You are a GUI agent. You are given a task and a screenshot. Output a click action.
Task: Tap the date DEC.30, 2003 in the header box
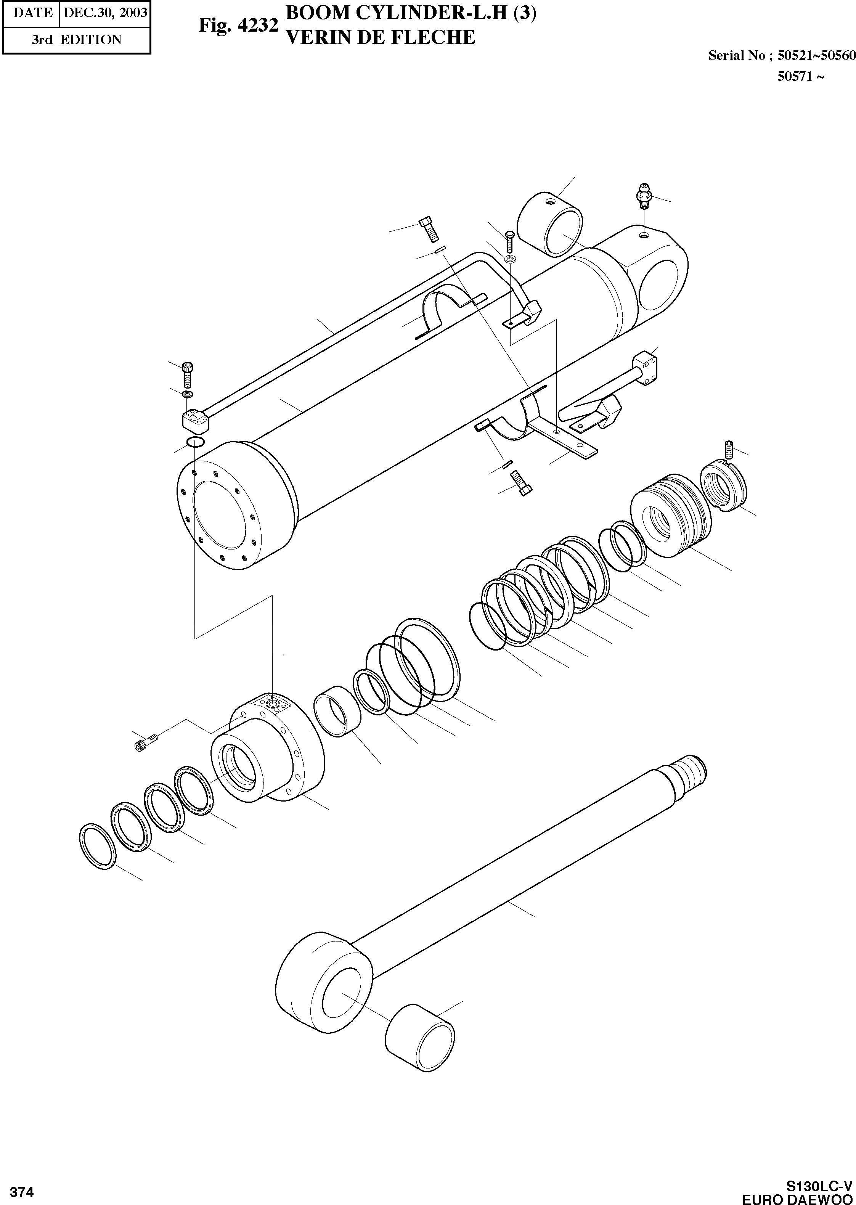point(105,12)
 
